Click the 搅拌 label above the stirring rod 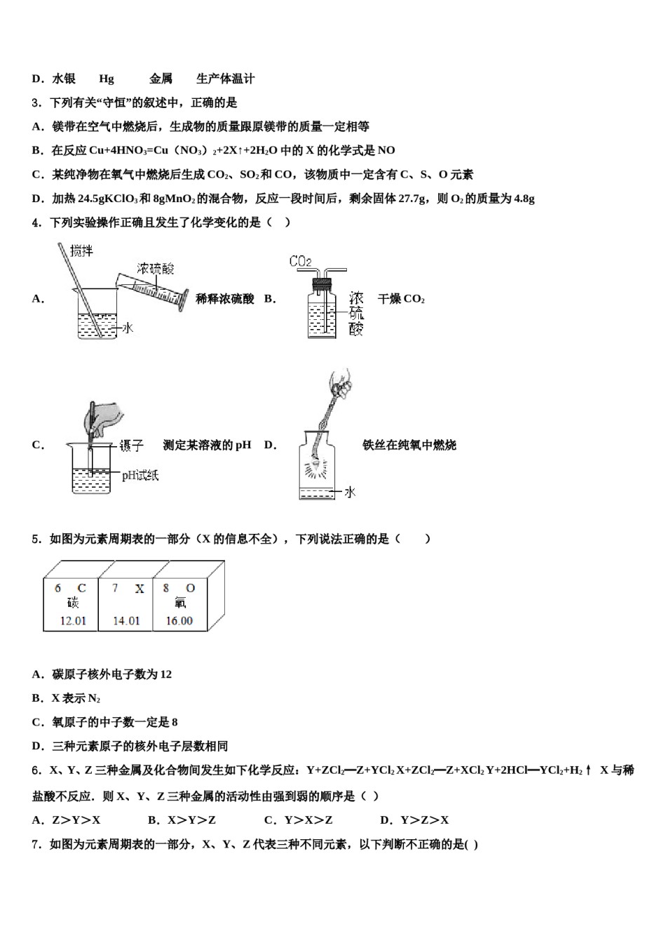tap(81, 250)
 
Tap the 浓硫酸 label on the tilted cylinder tap(156, 269)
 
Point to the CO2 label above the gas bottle tap(300, 262)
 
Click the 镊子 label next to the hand tap(131, 446)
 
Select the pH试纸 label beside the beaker tap(140, 476)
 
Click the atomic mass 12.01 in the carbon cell tap(73, 621)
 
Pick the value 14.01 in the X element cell tap(126, 621)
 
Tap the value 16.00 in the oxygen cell tap(179, 621)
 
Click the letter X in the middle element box tap(140, 589)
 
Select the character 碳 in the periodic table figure tap(73, 603)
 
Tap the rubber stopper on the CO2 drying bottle tap(322, 284)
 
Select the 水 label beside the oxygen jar tap(350, 493)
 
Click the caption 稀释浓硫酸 tap(224, 299)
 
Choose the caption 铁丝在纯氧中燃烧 tap(409, 445)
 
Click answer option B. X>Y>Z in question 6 tap(182, 820)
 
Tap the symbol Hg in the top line tap(107, 79)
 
